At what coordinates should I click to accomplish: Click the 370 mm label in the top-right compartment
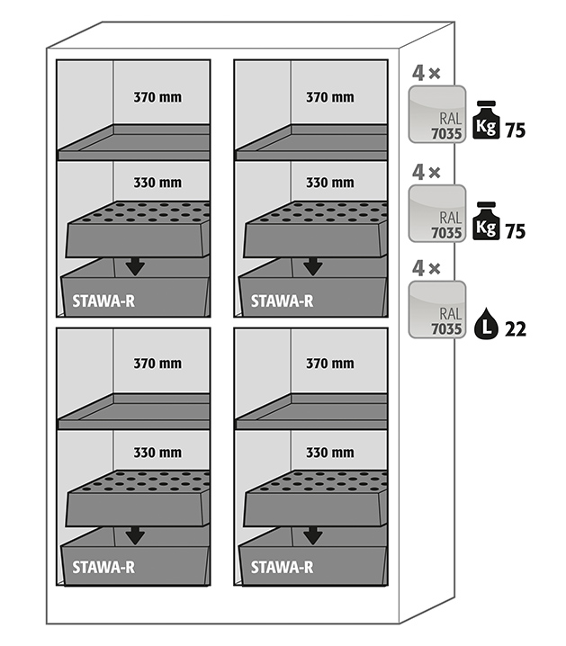(329, 97)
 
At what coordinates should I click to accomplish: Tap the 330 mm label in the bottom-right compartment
(329, 452)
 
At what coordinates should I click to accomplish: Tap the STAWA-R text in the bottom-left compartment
(104, 567)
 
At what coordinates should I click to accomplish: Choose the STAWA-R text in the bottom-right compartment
(282, 567)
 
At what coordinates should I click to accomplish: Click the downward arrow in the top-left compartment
(135, 265)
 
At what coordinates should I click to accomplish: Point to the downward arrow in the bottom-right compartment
(312, 535)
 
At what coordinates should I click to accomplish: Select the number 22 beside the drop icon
(516, 329)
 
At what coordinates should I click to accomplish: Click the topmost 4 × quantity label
(426, 72)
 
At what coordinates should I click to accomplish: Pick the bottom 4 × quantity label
(426, 268)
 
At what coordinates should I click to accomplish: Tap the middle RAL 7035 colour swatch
(437, 214)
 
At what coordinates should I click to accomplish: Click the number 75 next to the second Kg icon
(516, 231)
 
